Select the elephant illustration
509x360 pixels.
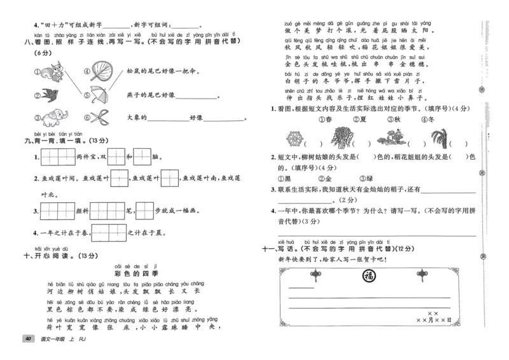(55, 117)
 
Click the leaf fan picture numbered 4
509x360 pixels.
(102, 69)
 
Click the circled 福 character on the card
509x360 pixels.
(368, 275)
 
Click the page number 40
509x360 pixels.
(27, 339)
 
